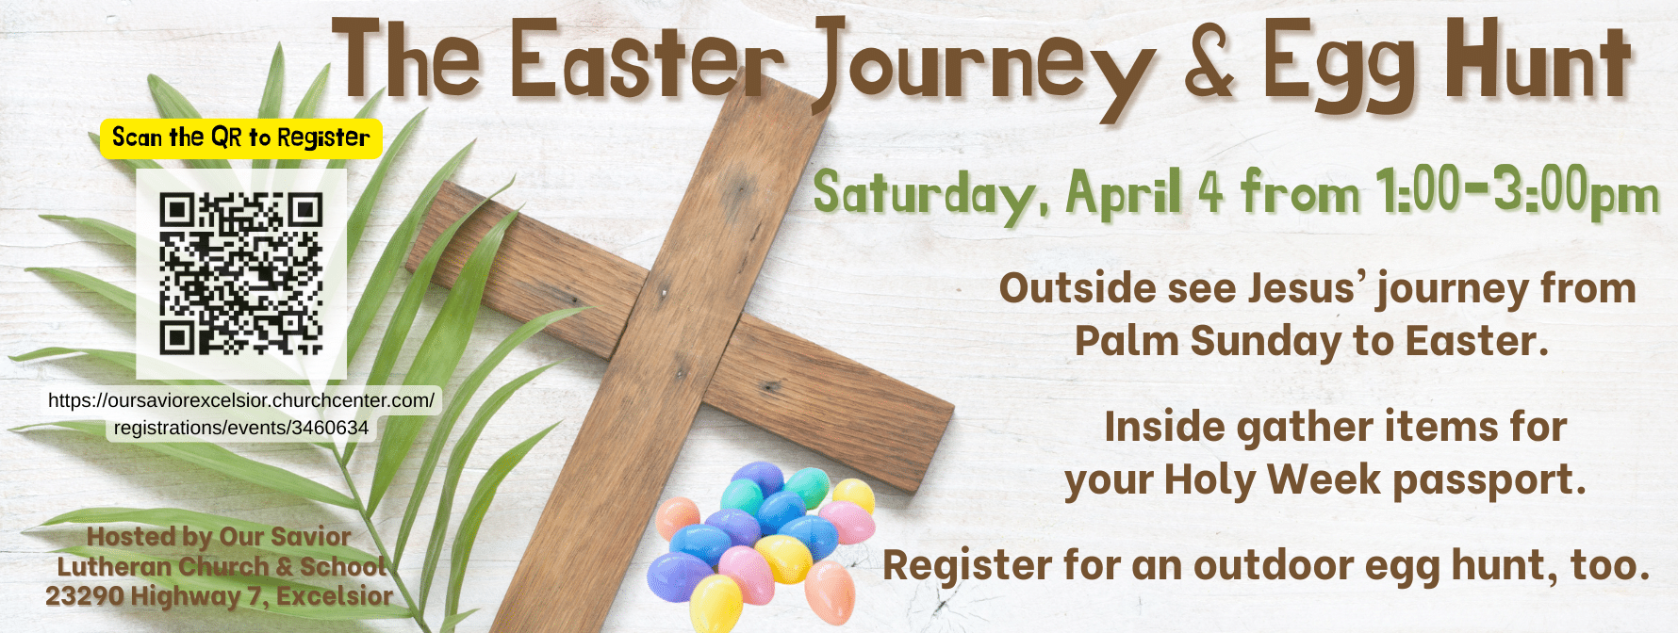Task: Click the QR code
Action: point(241,273)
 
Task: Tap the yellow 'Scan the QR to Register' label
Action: point(241,138)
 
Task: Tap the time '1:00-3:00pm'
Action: point(1517,192)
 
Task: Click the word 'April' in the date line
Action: point(1124,194)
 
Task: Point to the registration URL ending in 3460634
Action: point(241,414)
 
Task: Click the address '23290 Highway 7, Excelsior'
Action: point(219,596)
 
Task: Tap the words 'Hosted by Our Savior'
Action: point(219,537)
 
